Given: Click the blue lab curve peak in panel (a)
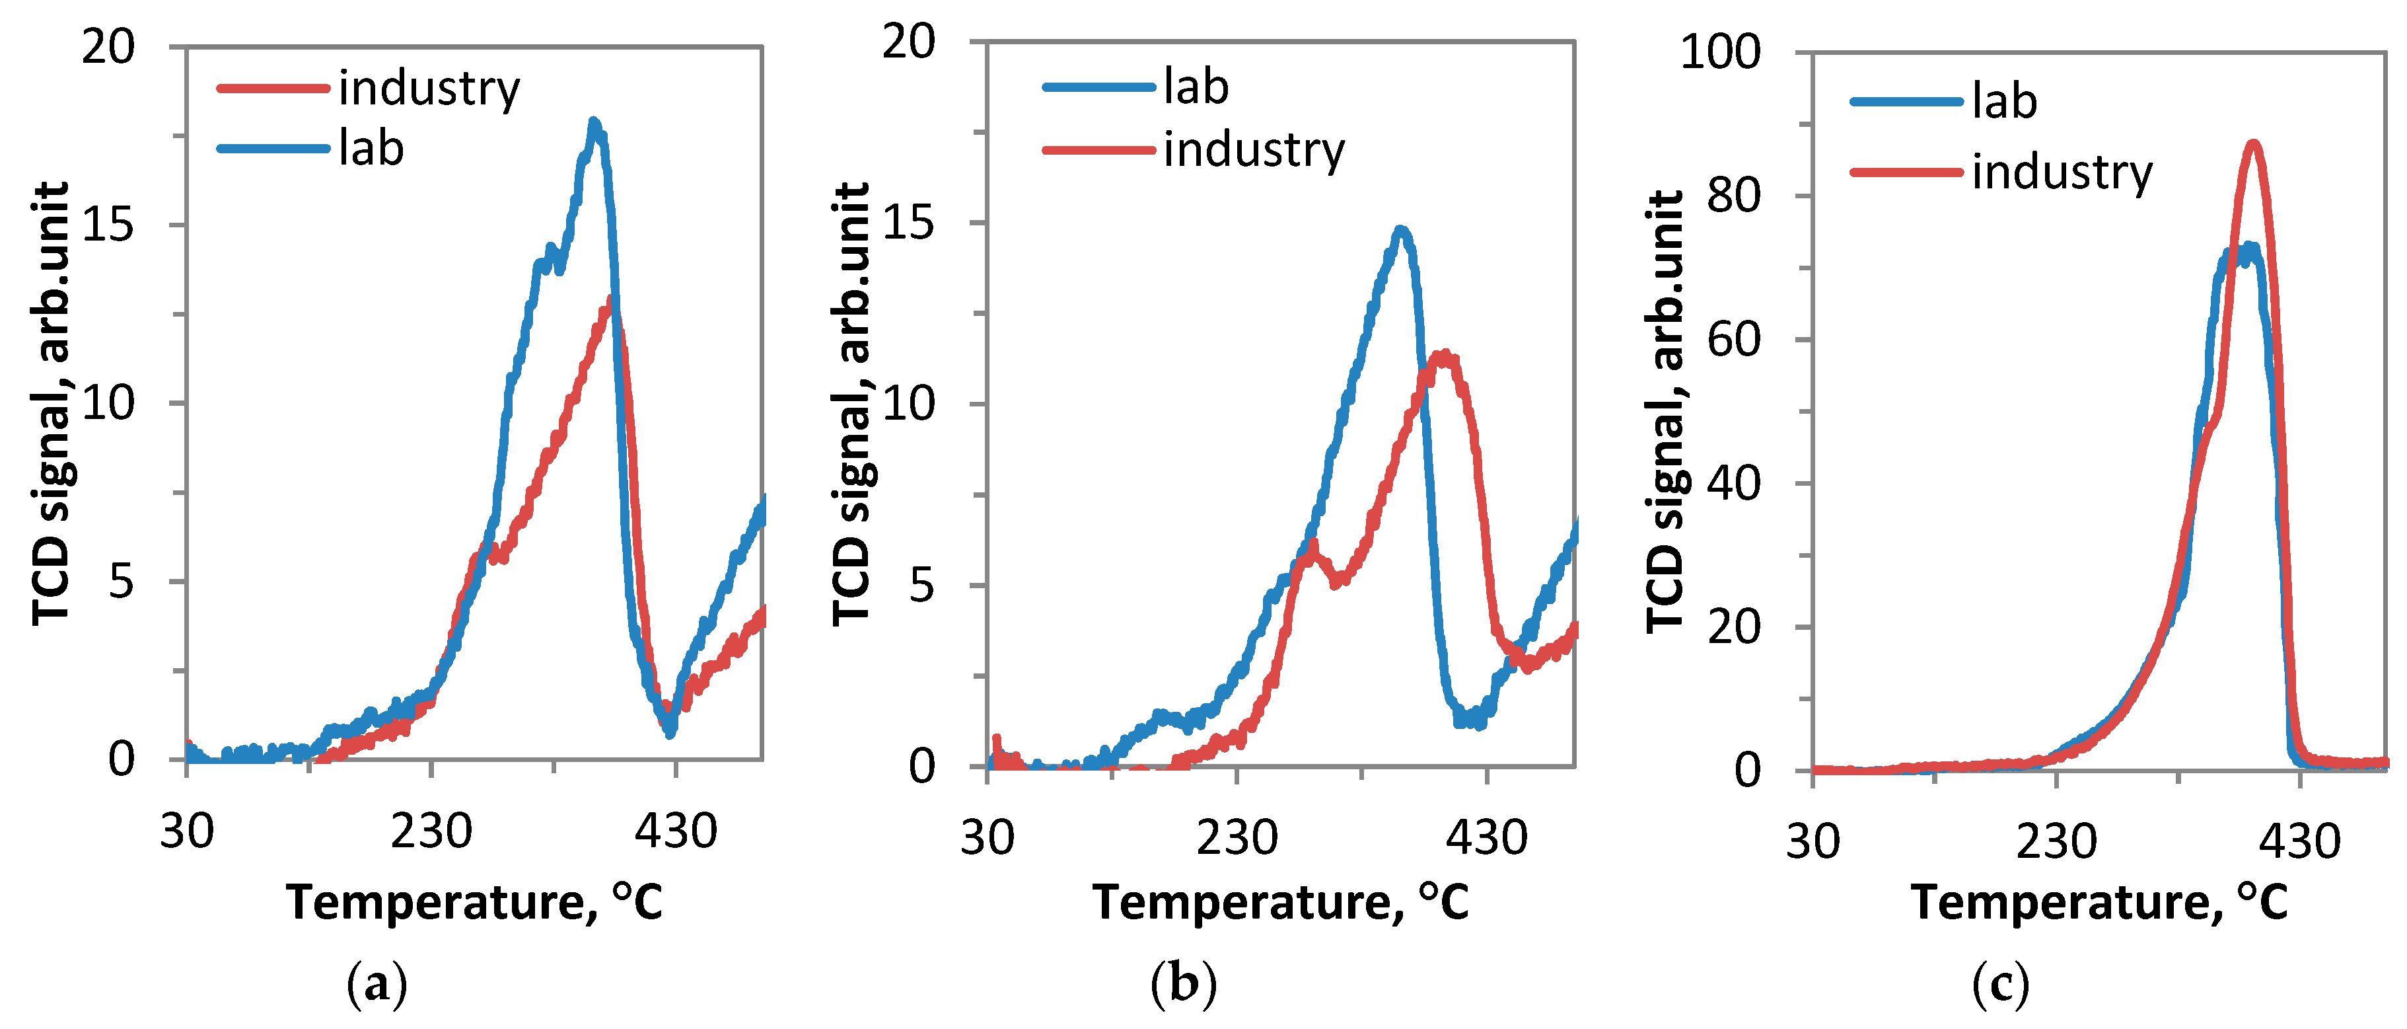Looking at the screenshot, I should pyautogui.click(x=593, y=122).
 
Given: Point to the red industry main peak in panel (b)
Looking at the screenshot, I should pyautogui.click(x=1445, y=355).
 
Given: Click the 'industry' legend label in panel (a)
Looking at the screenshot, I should pyautogui.click(x=429, y=89).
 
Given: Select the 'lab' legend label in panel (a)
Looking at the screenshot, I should pyautogui.click(x=371, y=149).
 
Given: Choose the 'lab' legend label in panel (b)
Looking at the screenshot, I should pyautogui.click(x=1196, y=87).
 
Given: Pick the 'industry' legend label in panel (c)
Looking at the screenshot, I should pyautogui.click(x=2062, y=172).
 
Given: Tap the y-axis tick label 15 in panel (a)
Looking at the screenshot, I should pyautogui.click(x=108, y=224).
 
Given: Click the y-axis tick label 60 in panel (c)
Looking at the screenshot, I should pyautogui.click(x=1733, y=339).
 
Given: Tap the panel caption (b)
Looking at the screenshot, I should pyautogui.click(x=1183, y=983).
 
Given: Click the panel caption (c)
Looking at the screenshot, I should pyautogui.click(x=2001, y=983).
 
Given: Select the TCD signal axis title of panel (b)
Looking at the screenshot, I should pyautogui.click(x=851, y=404).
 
